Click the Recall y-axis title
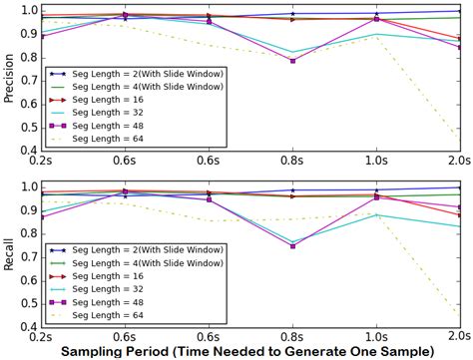pyautogui.click(x=8, y=255)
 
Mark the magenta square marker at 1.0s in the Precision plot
pyautogui.click(x=376, y=19)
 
